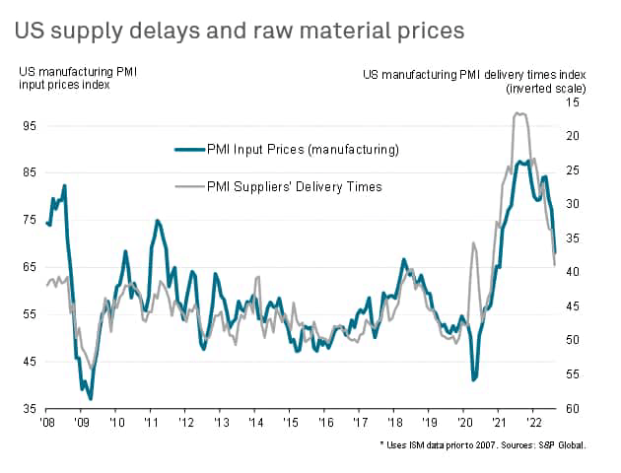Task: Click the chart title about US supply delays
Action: (240, 31)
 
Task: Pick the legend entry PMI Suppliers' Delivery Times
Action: (294, 185)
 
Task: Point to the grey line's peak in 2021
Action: (519, 113)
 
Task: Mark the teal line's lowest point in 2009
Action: (91, 399)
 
